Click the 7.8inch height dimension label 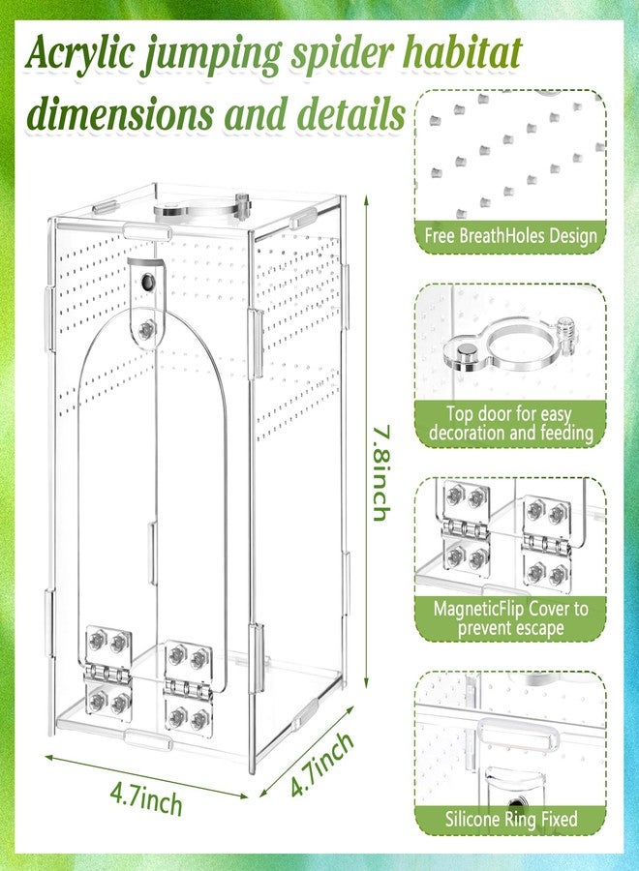tap(380, 473)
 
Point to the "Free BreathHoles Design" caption tap(510, 236)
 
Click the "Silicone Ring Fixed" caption tap(511, 820)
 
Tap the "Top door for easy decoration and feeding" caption tap(510, 423)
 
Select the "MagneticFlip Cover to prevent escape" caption tap(510, 618)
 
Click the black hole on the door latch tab tap(148, 283)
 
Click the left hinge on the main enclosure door tap(107, 674)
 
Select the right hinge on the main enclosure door tap(188, 688)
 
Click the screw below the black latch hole tap(147, 331)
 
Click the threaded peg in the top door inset tap(566, 335)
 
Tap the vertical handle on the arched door tap(151, 553)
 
